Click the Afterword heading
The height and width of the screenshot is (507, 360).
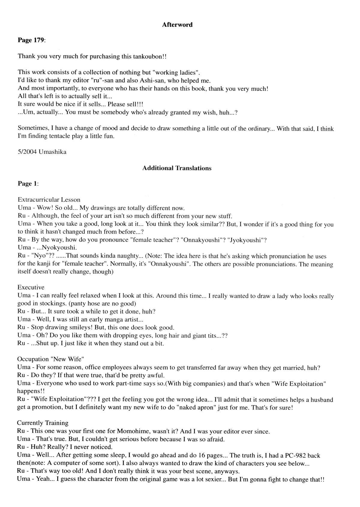(x=177, y=25)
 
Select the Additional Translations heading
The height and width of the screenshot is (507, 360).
(x=177, y=168)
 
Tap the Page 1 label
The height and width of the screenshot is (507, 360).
(x=28, y=184)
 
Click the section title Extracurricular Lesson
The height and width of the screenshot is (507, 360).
(x=49, y=200)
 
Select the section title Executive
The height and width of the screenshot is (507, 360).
(x=31, y=288)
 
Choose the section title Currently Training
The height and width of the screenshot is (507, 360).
(x=43, y=423)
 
